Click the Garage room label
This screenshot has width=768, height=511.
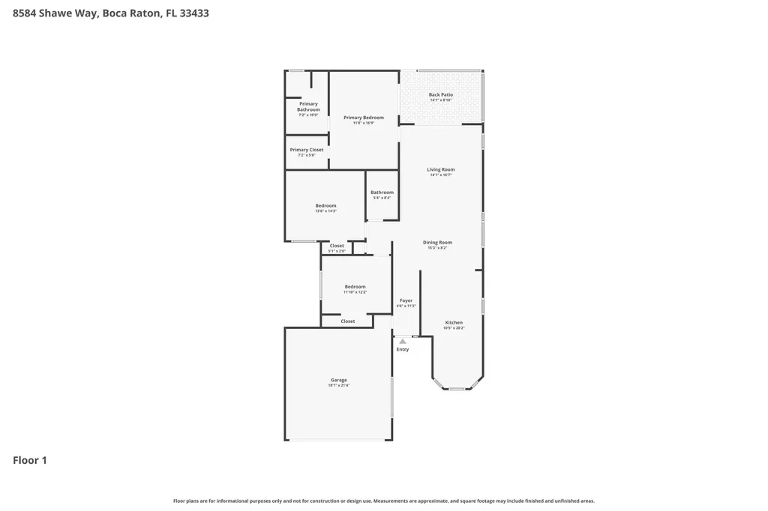pos(338,380)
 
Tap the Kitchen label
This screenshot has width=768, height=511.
pos(454,323)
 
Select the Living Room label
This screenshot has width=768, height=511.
pos(441,169)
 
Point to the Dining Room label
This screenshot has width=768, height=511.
pos(437,243)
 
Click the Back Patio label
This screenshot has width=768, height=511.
pos(440,95)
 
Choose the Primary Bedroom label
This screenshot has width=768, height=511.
pos(364,118)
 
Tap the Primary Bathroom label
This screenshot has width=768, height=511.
pos(308,107)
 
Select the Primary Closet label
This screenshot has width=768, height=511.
pos(307,150)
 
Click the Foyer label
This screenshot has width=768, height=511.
pos(406,300)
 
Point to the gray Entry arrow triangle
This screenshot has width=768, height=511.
pos(403,341)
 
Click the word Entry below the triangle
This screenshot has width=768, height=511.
pos(403,349)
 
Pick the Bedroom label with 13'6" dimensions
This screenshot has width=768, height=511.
pos(325,206)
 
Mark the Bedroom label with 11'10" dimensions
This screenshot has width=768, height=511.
pos(355,287)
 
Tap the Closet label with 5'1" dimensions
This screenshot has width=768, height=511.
pos(337,246)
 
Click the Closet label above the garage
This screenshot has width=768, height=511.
pos(348,321)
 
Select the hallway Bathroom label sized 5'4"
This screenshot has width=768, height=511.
pos(382,193)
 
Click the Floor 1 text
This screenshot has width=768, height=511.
pos(30,460)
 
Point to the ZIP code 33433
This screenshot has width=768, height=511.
pos(193,13)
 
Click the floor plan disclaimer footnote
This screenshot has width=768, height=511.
pos(384,501)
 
